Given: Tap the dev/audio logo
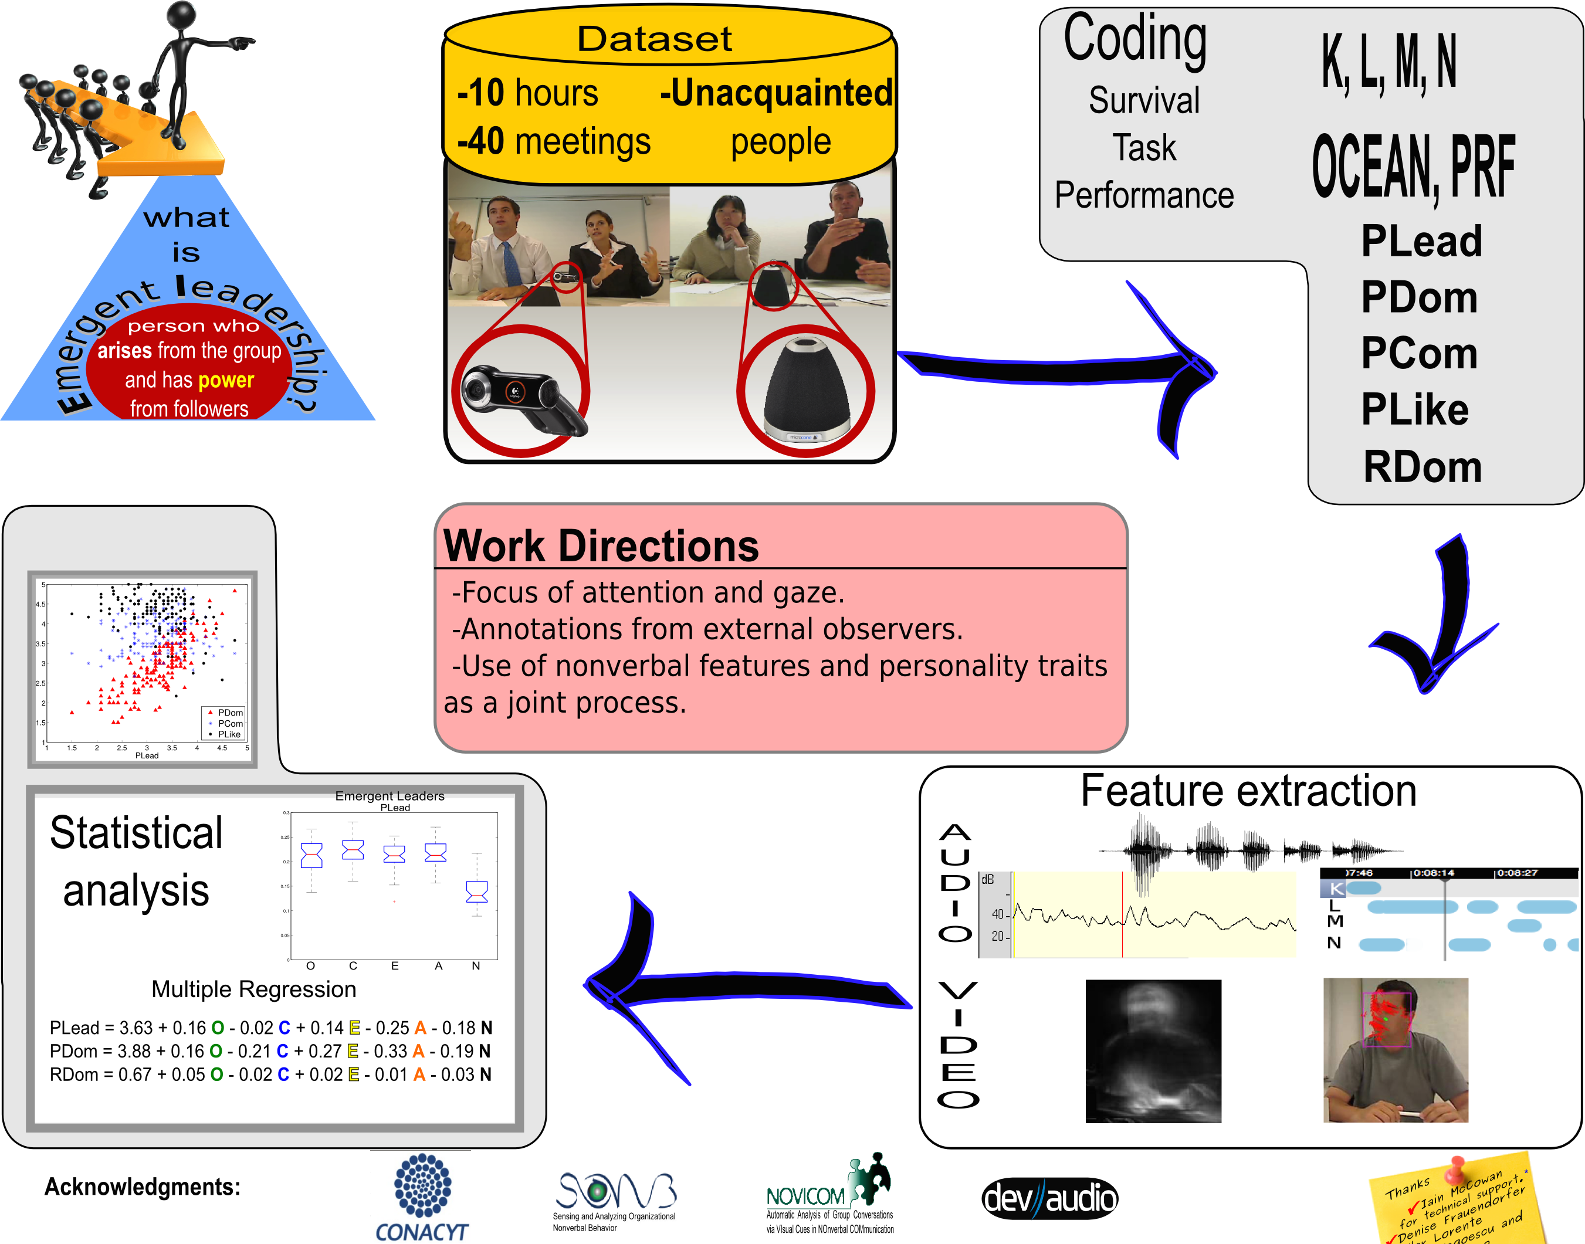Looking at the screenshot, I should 1049,1198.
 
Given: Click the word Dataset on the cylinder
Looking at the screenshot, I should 654,39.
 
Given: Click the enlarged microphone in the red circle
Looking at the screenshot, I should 805,389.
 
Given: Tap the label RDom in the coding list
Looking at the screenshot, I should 1422,467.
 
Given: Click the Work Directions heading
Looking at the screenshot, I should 601,545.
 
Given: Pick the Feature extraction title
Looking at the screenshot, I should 1248,791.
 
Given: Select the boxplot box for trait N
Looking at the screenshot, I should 476,891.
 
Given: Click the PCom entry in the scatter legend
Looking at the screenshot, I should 229,723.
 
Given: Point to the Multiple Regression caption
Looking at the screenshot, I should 253,989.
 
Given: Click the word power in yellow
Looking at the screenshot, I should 226,380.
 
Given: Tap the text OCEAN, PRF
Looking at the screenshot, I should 1413,168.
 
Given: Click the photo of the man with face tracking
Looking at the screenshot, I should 1395,1049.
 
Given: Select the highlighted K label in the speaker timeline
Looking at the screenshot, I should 1336,888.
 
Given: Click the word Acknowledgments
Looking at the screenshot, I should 142,1187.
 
